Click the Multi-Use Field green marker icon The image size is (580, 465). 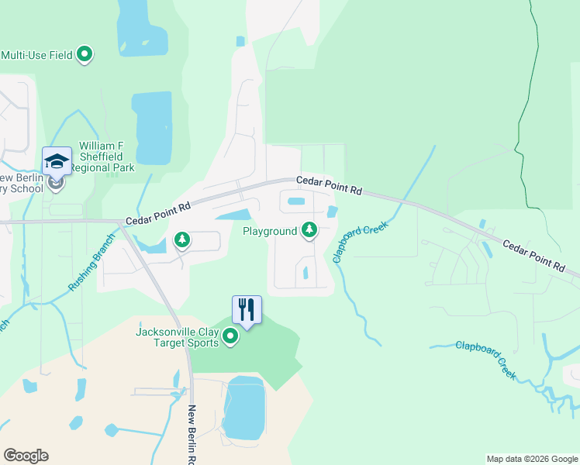click(85, 55)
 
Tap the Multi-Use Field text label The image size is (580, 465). click(36, 55)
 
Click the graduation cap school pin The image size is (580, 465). click(57, 161)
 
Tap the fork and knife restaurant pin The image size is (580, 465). click(247, 309)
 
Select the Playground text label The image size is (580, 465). click(270, 231)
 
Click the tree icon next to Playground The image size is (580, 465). click(309, 230)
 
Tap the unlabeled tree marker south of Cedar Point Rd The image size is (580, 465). click(182, 240)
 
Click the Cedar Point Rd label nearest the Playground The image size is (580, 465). click(330, 184)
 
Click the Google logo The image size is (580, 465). click(26, 456)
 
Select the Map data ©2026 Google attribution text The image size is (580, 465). click(531, 459)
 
